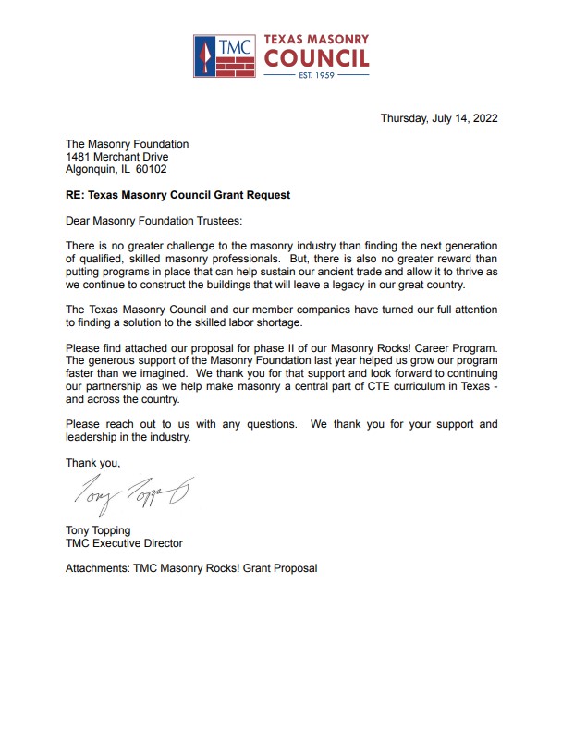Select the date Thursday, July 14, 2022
click(439, 118)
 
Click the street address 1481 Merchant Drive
click(116, 157)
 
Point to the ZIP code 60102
click(153, 170)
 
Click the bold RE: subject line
click(177, 196)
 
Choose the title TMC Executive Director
click(124, 544)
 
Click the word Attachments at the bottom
click(100, 568)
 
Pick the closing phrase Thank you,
click(92, 462)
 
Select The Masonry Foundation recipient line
click(127, 144)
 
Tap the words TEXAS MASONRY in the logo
click(316, 40)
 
